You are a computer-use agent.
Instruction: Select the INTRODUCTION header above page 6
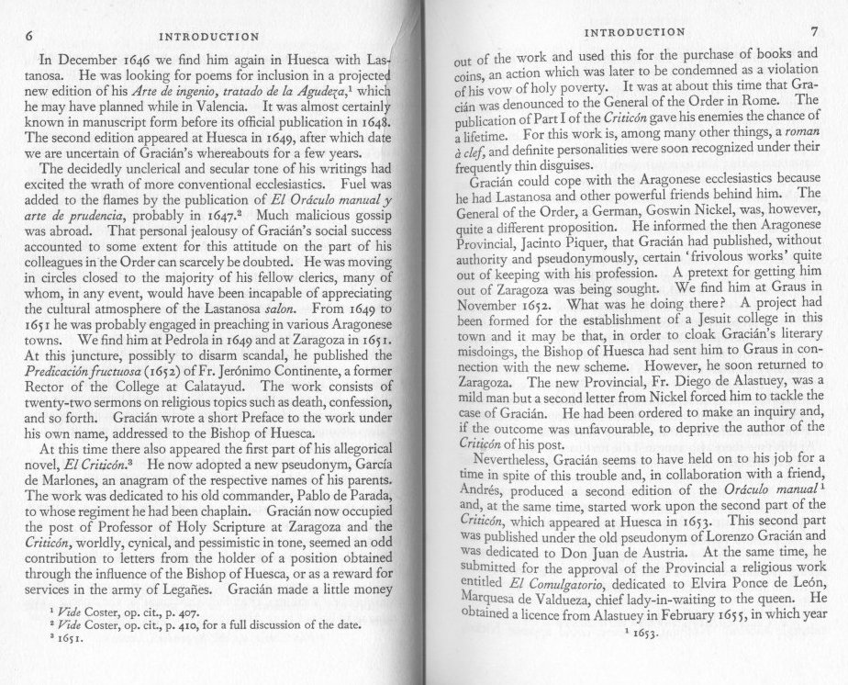pos(208,37)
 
